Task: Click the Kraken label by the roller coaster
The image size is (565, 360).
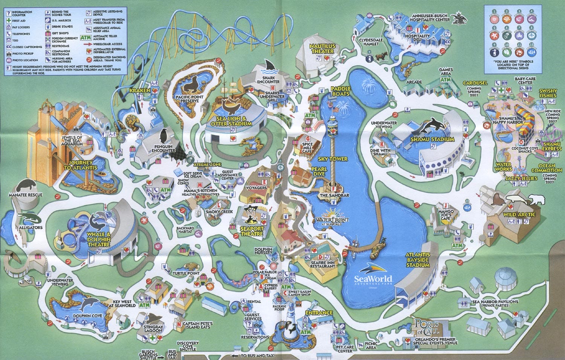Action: pos(140,91)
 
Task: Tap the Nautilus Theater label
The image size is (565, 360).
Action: pos(322,48)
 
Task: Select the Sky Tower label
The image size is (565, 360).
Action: pos(333,159)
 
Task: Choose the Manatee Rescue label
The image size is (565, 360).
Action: pos(26,195)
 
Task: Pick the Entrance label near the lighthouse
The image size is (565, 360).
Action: pos(319,313)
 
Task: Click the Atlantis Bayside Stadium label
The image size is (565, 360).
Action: pos(418,260)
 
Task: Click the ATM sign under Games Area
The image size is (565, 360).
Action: pos(445,80)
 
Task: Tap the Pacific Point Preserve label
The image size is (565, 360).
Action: pos(189,99)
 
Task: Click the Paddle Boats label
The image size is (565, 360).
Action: pos(340,91)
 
